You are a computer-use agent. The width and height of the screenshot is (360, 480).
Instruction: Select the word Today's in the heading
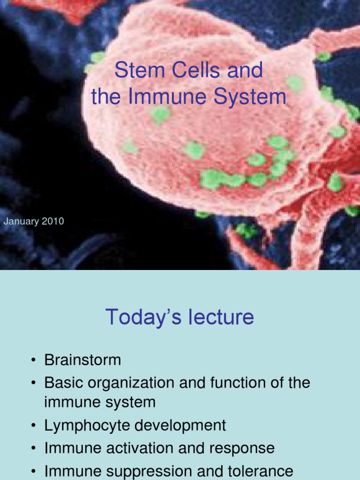click(x=143, y=317)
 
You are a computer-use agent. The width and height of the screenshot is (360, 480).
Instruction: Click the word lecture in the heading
click(x=221, y=317)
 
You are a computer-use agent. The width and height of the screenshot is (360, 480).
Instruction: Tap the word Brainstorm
click(x=82, y=360)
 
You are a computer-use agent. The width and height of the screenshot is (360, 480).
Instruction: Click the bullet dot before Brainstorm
click(x=34, y=360)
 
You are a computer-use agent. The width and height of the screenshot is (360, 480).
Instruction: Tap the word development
click(x=180, y=426)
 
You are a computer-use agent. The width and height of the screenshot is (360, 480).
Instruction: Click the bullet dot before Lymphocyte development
click(x=34, y=426)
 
